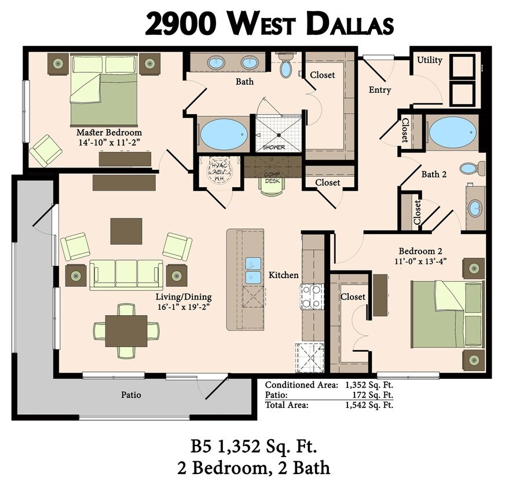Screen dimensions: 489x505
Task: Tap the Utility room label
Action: tap(430, 60)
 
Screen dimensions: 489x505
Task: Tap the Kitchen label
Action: tap(283, 275)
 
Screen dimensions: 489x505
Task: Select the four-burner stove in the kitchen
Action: tap(312, 297)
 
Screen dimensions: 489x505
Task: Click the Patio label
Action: tap(131, 395)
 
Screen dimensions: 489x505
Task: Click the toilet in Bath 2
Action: tap(470, 169)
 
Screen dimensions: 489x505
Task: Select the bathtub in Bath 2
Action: tap(453, 132)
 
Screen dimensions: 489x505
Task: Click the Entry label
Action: tap(380, 90)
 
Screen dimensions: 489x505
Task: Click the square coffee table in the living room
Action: tap(126, 231)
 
